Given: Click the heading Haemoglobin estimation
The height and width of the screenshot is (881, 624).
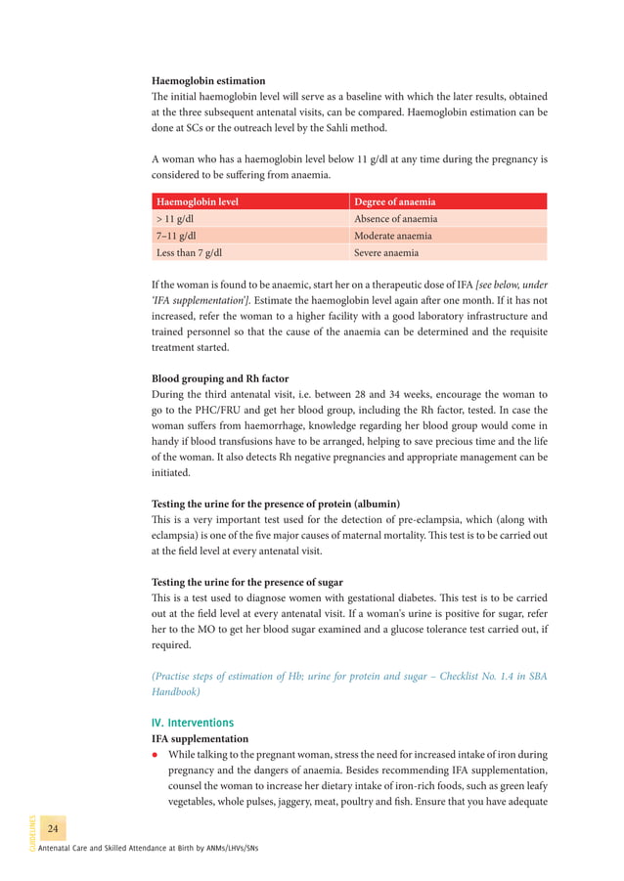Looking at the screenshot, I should (208, 80).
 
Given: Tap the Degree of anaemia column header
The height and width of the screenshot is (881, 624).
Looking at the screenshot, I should (395, 201).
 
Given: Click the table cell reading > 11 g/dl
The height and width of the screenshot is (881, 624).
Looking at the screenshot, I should (177, 219).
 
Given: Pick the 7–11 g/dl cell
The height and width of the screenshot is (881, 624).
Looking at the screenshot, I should (177, 236).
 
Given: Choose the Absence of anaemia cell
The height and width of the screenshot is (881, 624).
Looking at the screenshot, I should (395, 219).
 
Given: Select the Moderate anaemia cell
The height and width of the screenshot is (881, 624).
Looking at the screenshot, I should (393, 236).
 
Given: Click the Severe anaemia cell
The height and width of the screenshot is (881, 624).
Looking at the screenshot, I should (386, 252).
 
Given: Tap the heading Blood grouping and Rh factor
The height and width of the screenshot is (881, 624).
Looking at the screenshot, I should (220, 378).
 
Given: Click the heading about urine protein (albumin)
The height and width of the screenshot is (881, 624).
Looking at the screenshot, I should (276, 504).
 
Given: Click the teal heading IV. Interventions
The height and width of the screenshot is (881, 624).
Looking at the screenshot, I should (193, 723).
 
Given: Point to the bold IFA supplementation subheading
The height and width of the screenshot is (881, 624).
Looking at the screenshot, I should (200, 738).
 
